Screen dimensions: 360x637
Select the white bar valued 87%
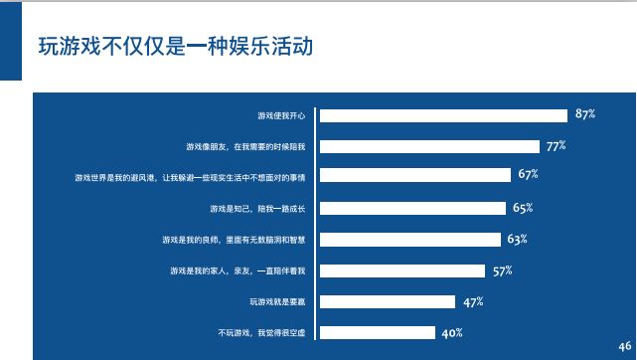[x=443, y=115]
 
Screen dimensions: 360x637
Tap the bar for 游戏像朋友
[x=429, y=147]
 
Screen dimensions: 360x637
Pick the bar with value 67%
[x=415, y=177]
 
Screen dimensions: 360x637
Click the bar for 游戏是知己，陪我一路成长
[x=412, y=209]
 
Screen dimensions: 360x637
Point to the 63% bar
[x=409, y=240]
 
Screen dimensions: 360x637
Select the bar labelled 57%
[x=401, y=270]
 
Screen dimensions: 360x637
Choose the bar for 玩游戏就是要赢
[x=388, y=301]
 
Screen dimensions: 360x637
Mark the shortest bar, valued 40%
[x=378, y=332]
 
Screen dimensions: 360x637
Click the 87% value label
[x=584, y=114]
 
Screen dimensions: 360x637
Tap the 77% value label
[x=556, y=146]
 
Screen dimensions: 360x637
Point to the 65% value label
[x=523, y=208]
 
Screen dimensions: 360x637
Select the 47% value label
[x=472, y=301]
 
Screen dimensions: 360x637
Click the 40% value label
[x=452, y=332]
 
